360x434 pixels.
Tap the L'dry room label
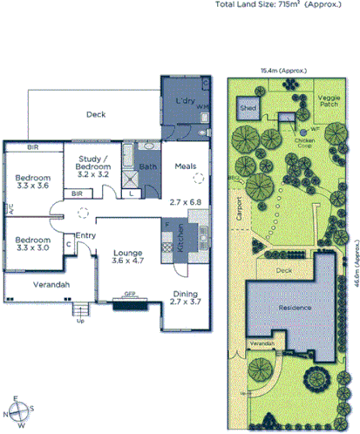[x=184, y=102]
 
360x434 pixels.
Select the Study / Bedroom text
[x=92, y=161]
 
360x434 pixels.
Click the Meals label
[x=185, y=166]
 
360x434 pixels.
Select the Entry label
[x=85, y=235]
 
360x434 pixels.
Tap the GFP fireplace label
[x=131, y=294]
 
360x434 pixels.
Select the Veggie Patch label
[x=329, y=102]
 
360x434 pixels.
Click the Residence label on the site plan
[x=295, y=308]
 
